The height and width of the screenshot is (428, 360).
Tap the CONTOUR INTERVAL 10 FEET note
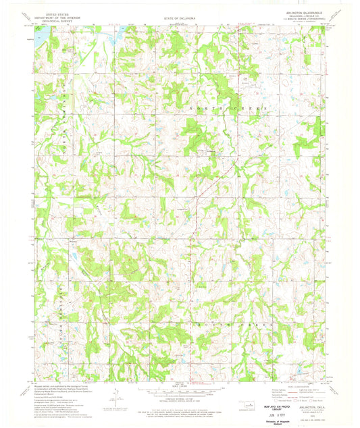pyautogui.click(x=180, y=399)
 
